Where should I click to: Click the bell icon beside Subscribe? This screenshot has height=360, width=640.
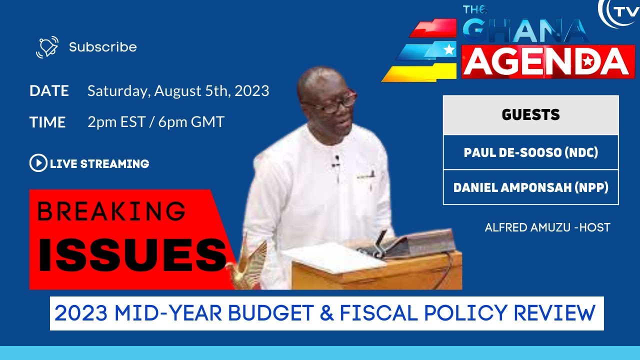coord(47,47)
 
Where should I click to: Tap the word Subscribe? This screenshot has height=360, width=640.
coord(102,47)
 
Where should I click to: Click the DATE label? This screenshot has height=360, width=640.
coord(49,91)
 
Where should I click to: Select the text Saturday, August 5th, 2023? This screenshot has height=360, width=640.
coord(178,91)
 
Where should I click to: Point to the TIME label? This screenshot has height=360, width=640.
coord(47,122)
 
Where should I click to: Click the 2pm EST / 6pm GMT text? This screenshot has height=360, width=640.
coord(155,122)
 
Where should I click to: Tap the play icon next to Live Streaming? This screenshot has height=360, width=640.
coord(37,163)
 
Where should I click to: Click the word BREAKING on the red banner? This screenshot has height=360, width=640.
coord(111,211)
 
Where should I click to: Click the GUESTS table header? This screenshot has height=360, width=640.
coord(530,115)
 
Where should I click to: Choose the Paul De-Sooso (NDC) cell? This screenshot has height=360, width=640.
coord(530,152)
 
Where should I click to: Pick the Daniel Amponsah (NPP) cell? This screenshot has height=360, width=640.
coord(530,187)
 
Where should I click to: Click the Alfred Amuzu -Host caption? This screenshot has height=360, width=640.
coord(547,227)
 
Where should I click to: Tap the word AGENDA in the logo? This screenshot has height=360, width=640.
coord(547,61)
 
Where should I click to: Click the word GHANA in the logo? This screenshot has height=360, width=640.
coord(525,31)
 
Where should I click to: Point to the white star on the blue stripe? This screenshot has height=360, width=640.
coord(449,49)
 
